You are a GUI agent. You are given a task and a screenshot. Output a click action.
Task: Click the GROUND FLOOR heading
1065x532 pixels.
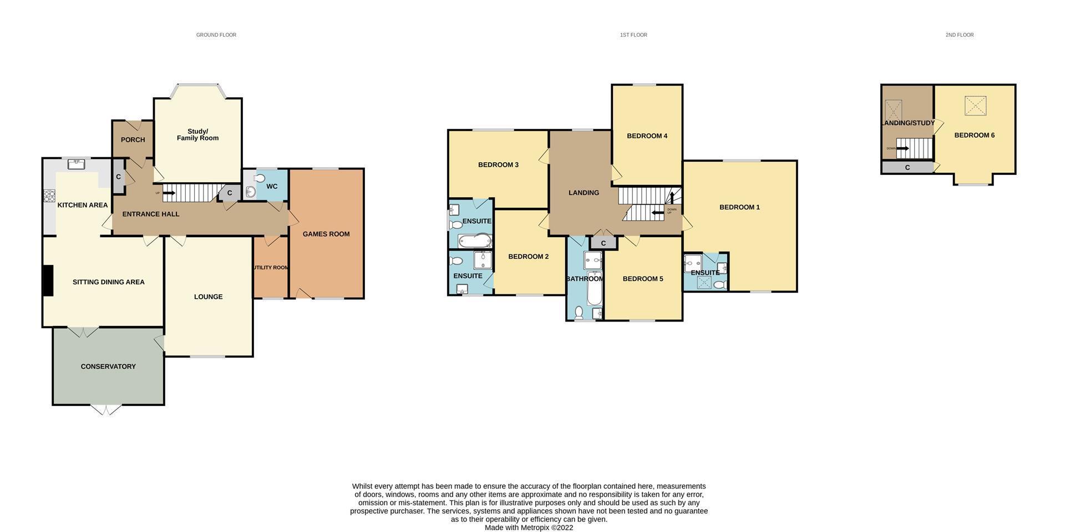tap(216, 35)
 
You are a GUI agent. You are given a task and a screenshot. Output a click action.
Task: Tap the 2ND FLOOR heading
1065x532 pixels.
tap(959, 35)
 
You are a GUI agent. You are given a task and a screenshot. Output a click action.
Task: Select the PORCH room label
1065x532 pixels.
tap(133, 140)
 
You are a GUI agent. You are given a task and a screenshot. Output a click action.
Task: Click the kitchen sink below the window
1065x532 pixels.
tap(75, 164)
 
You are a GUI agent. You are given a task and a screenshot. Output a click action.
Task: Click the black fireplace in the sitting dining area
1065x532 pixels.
tap(48, 280)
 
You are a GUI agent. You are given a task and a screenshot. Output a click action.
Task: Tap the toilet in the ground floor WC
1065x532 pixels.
tap(259, 178)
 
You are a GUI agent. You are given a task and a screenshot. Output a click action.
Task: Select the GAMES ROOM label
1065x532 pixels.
tap(326, 234)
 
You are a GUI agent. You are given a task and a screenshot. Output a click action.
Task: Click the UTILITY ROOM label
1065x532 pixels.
tap(271, 268)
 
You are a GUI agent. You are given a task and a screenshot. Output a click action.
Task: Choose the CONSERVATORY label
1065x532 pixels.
tap(108, 367)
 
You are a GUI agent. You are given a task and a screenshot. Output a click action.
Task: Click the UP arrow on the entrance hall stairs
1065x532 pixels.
tap(169, 193)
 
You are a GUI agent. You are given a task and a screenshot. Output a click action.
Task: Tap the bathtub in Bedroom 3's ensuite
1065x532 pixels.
tap(474, 240)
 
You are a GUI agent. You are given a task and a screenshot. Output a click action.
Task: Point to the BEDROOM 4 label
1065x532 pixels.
tap(647, 136)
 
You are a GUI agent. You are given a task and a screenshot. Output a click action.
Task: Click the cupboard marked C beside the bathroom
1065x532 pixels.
tap(603, 243)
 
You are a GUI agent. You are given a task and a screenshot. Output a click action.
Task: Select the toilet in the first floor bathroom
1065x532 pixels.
tap(579, 313)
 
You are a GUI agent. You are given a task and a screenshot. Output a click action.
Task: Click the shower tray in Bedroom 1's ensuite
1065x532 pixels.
tap(704, 283)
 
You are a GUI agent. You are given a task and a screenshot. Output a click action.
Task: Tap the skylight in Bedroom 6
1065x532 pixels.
tap(975, 106)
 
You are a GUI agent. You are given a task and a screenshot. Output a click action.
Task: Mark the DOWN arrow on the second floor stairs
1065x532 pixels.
tap(902, 148)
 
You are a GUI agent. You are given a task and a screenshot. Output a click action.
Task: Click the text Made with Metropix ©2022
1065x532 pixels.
tap(529, 528)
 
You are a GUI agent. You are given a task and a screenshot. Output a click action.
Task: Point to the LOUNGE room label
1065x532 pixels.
tap(208, 297)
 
